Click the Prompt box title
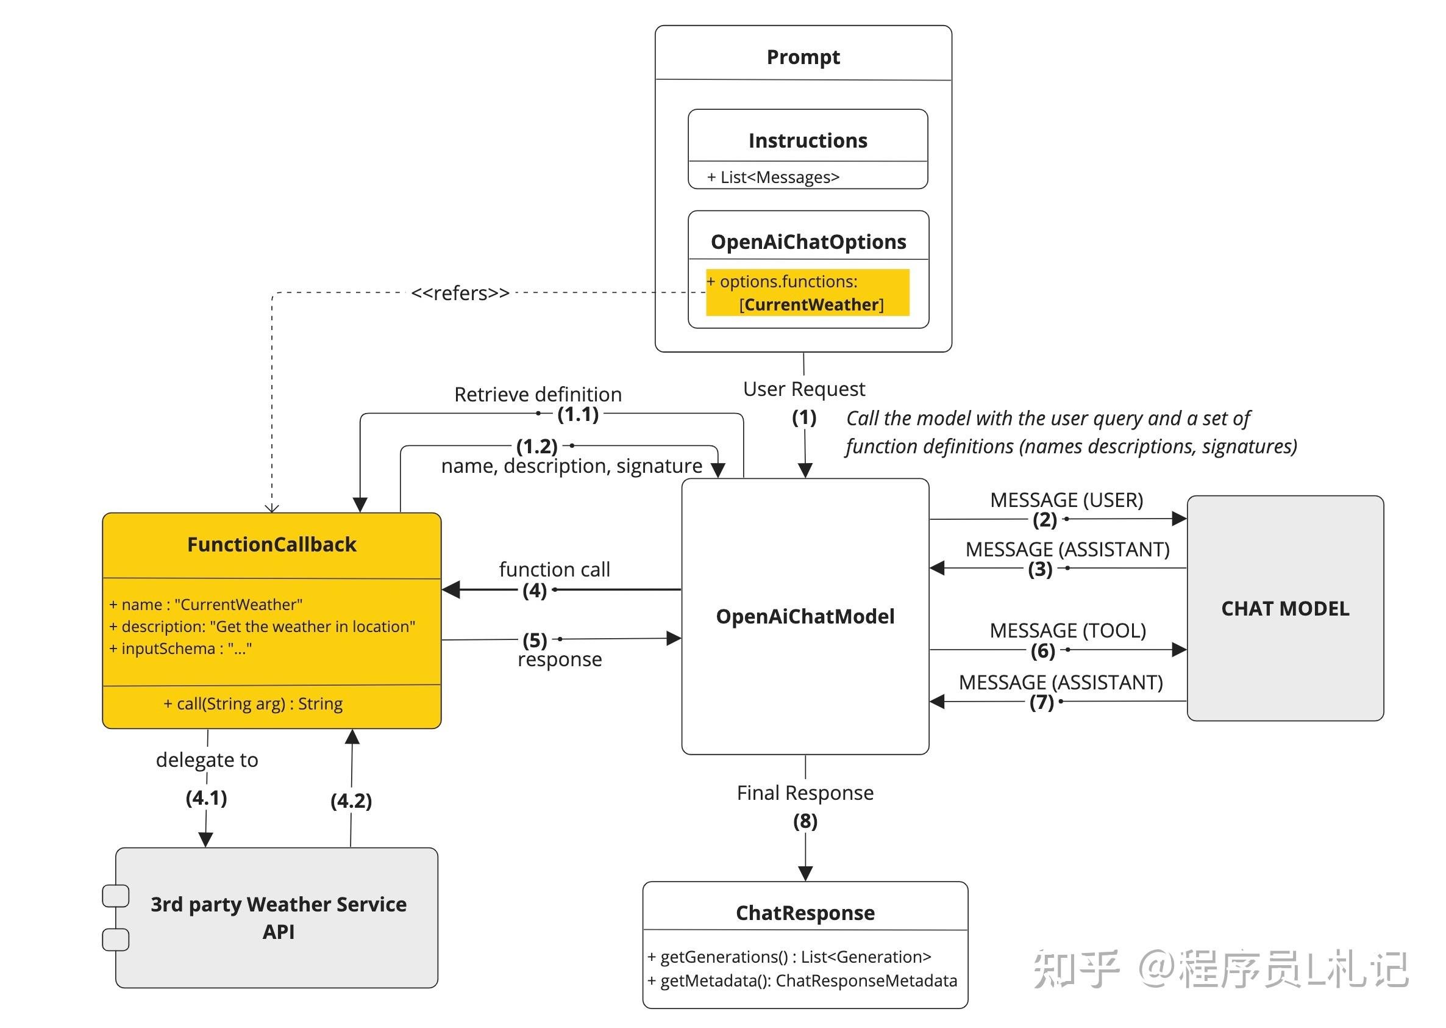click(803, 57)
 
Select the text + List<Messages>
click(773, 178)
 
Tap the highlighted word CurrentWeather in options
click(811, 304)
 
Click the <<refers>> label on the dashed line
click(460, 293)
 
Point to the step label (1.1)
click(577, 415)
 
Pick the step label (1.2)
click(536, 446)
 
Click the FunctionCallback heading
click(271, 544)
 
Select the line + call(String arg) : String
click(253, 704)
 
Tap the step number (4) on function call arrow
click(534, 591)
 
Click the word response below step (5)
click(559, 660)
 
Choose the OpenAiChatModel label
click(805, 617)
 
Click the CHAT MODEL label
click(1284, 608)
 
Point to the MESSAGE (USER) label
click(1066, 500)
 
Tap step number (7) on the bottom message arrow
click(1041, 702)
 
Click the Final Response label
click(805, 793)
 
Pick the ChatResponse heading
click(805, 913)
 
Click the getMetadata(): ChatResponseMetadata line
click(802, 980)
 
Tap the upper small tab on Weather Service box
click(116, 896)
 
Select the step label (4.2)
click(351, 801)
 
